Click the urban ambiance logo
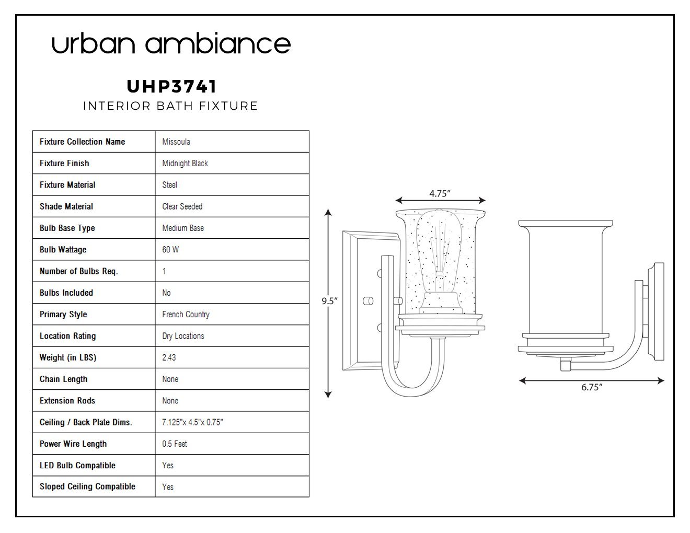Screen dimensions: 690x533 coord(171,43)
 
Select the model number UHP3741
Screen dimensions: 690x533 coord(171,86)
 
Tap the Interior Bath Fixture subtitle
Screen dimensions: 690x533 coord(170,106)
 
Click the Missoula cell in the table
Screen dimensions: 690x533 coord(176,142)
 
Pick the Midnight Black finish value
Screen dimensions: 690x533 coord(185,163)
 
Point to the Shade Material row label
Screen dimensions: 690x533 coord(66,206)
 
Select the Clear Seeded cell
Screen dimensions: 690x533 coord(182,206)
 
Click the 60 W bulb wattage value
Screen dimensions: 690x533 coord(170,249)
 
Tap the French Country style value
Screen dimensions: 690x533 coord(186,314)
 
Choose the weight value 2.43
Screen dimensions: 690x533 coord(169,357)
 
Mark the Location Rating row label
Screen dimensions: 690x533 coord(67,336)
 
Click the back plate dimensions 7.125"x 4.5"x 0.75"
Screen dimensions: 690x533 coord(192,422)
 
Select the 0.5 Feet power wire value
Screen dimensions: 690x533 coord(174,444)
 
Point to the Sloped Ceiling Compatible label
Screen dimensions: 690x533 coord(87,486)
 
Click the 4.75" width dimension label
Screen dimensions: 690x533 coord(440,193)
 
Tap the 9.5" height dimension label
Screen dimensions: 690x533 coord(330,300)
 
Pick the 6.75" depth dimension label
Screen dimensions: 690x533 coord(592,387)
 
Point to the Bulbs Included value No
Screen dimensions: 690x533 coord(166,293)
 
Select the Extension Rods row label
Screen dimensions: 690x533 coord(67,401)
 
